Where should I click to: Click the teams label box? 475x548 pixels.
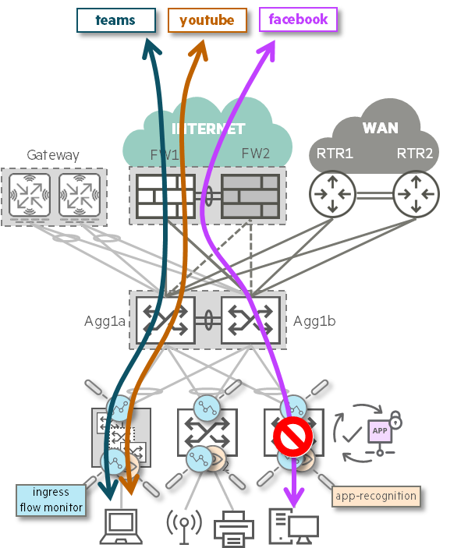tap(115, 20)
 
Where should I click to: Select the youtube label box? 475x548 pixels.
tap(207, 20)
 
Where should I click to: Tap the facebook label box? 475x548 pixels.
tap(298, 19)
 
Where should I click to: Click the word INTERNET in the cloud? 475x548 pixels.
tap(208, 129)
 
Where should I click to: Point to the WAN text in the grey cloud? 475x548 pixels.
tap(380, 128)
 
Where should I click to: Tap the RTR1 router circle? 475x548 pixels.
tap(332, 194)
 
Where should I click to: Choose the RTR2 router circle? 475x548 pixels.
tap(416, 194)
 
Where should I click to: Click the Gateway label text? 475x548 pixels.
tap(53, 155)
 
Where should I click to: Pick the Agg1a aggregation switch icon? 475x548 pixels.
tap(165, 319)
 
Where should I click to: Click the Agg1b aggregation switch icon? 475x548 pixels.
tap(250, 319)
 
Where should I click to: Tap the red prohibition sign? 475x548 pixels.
tap(292, 437)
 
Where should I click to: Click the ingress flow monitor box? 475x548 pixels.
tap(51, 500)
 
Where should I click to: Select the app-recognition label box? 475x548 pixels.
tap(376, 496)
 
